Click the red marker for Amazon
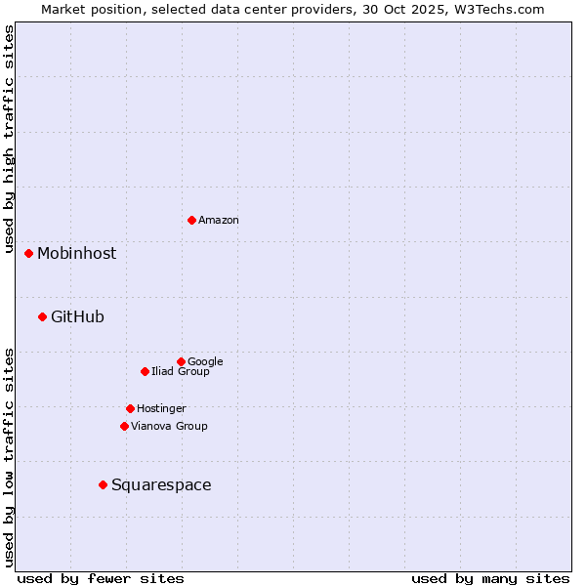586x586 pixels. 191,220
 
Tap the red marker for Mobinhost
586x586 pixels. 28,253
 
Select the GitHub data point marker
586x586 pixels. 42,316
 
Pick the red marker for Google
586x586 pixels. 181,361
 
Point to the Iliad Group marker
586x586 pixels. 145,371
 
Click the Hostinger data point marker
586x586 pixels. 130,408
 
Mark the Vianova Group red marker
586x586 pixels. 124,426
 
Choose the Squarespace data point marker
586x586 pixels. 103,484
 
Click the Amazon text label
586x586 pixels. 219,221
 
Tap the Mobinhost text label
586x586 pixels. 76,254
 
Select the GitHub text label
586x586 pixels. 77,317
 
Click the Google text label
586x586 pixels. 205,362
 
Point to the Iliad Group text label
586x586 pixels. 181,372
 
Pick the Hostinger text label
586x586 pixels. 161,409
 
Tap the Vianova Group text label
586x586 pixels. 169,427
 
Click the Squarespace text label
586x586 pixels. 161,485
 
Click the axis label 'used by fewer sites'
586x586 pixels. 101,578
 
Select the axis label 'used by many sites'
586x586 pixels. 490,578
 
